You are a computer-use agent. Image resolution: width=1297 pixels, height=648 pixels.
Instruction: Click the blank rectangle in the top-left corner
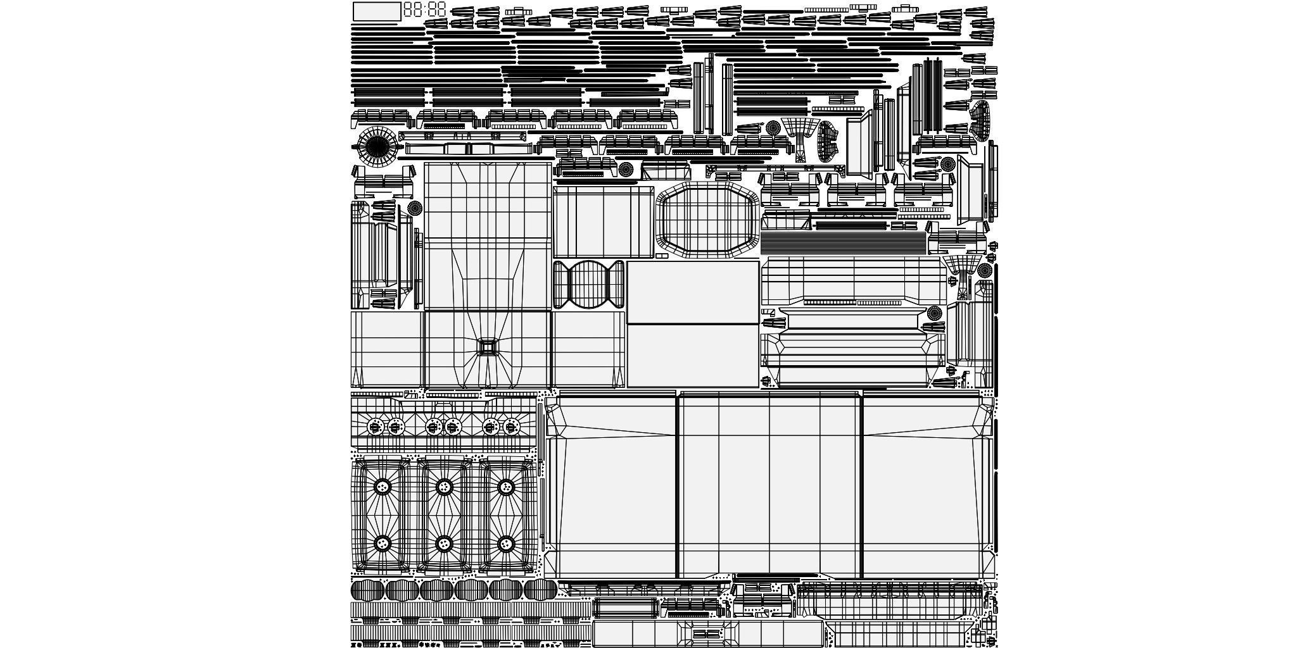tap(376, 11)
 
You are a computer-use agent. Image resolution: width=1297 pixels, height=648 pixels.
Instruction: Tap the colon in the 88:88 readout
tap(424, 9)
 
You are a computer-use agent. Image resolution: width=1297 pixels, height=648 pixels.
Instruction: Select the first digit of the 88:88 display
tap(408, 9)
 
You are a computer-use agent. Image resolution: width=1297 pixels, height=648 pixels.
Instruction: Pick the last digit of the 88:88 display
tap(441, 9)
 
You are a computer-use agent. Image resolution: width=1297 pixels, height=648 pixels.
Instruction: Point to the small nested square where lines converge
tap(488, 347)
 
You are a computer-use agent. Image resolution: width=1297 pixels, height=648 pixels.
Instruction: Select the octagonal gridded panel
tap(707, 220)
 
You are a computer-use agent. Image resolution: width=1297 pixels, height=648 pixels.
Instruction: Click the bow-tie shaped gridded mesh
tap(588, 284)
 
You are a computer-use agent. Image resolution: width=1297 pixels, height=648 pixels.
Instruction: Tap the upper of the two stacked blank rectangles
tap(693, 292)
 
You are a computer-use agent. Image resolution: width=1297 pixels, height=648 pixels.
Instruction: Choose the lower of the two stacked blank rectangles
tap(693, 355)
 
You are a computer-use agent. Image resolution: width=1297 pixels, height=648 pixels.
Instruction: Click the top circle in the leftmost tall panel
tap(383, 487)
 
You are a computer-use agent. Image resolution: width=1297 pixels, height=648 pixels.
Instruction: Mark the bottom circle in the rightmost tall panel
tap(505, 544)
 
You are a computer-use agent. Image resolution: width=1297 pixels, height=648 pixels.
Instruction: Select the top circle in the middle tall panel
tap(444, 487)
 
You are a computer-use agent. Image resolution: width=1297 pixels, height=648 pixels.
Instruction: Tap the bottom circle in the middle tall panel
tap(444, 544)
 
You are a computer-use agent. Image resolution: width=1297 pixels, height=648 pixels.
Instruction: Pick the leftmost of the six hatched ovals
tap(367, 590)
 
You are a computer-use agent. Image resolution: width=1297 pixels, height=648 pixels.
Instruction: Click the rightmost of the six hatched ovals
tap(540, 590)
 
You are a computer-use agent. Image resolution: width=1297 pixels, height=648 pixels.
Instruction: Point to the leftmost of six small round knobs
tap(376, 427)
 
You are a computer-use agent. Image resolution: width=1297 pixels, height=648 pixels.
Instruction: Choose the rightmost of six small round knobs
tap(511, 427)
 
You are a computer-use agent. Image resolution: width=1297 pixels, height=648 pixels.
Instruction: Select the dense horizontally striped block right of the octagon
tap(843, 243)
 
